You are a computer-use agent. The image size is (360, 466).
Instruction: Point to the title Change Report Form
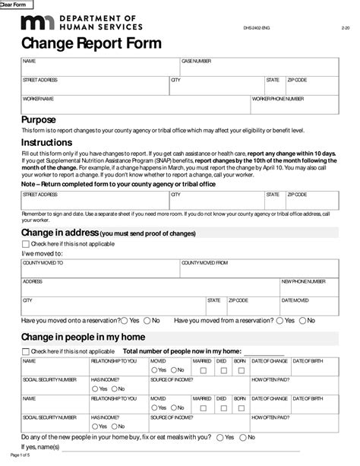pyautogui.click(x=90, y=44)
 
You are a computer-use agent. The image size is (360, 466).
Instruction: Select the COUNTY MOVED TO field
pyautogui.click(x=99, y=268)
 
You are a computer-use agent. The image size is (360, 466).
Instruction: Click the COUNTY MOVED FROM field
pyautogui.click(x=258, y=268)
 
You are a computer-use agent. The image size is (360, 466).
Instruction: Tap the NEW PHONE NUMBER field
pyautogui.click(x=309, y=287)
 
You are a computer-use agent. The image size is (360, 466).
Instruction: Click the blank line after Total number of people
pyautogui.click(x=258, y=352)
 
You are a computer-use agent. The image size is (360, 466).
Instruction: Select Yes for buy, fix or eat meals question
pyautogui.click(x=219, y=437)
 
